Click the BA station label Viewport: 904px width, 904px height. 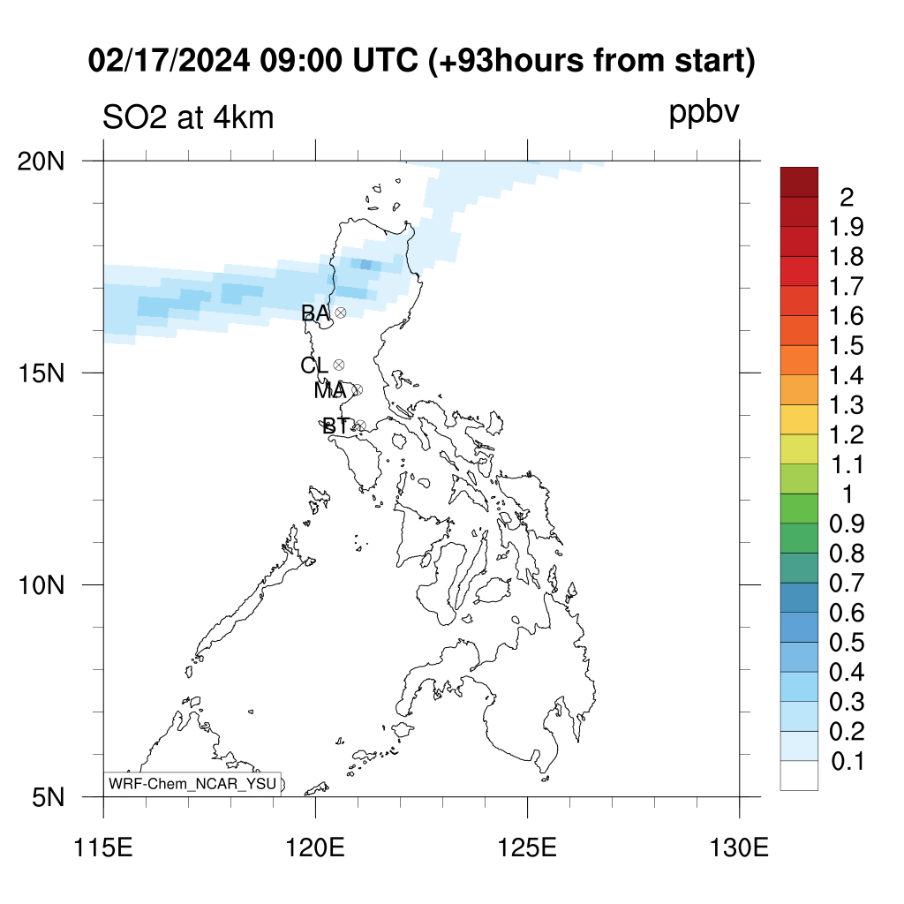click(315, 313)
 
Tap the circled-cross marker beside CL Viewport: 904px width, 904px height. click(339, 365)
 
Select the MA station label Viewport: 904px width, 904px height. click(330, 391)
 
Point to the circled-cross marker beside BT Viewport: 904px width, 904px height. click(360, 426)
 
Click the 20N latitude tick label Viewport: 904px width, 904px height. click(41, 162)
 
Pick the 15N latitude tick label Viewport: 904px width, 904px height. click(41, 373)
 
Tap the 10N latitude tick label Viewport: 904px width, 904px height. click(41, 586)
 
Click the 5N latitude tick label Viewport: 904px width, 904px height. click(49, 798)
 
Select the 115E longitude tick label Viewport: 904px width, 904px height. click(104, 848)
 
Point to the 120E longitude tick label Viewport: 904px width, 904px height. click(315, 848)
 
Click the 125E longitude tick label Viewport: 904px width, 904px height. click(528, 848)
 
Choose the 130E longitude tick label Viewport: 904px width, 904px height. click(739, 848)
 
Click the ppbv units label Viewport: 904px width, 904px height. click(704, 113)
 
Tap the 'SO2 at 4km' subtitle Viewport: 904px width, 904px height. click(188, 118)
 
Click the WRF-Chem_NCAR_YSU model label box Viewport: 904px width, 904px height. click(192, 784)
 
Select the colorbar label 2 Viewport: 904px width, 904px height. click(847, 198)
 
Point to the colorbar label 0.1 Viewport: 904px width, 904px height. click(847, 762)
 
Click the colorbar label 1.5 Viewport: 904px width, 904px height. click(847, 346)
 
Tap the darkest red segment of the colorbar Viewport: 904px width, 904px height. click(799, 182)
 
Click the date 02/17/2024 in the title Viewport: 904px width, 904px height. click(169, 60)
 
